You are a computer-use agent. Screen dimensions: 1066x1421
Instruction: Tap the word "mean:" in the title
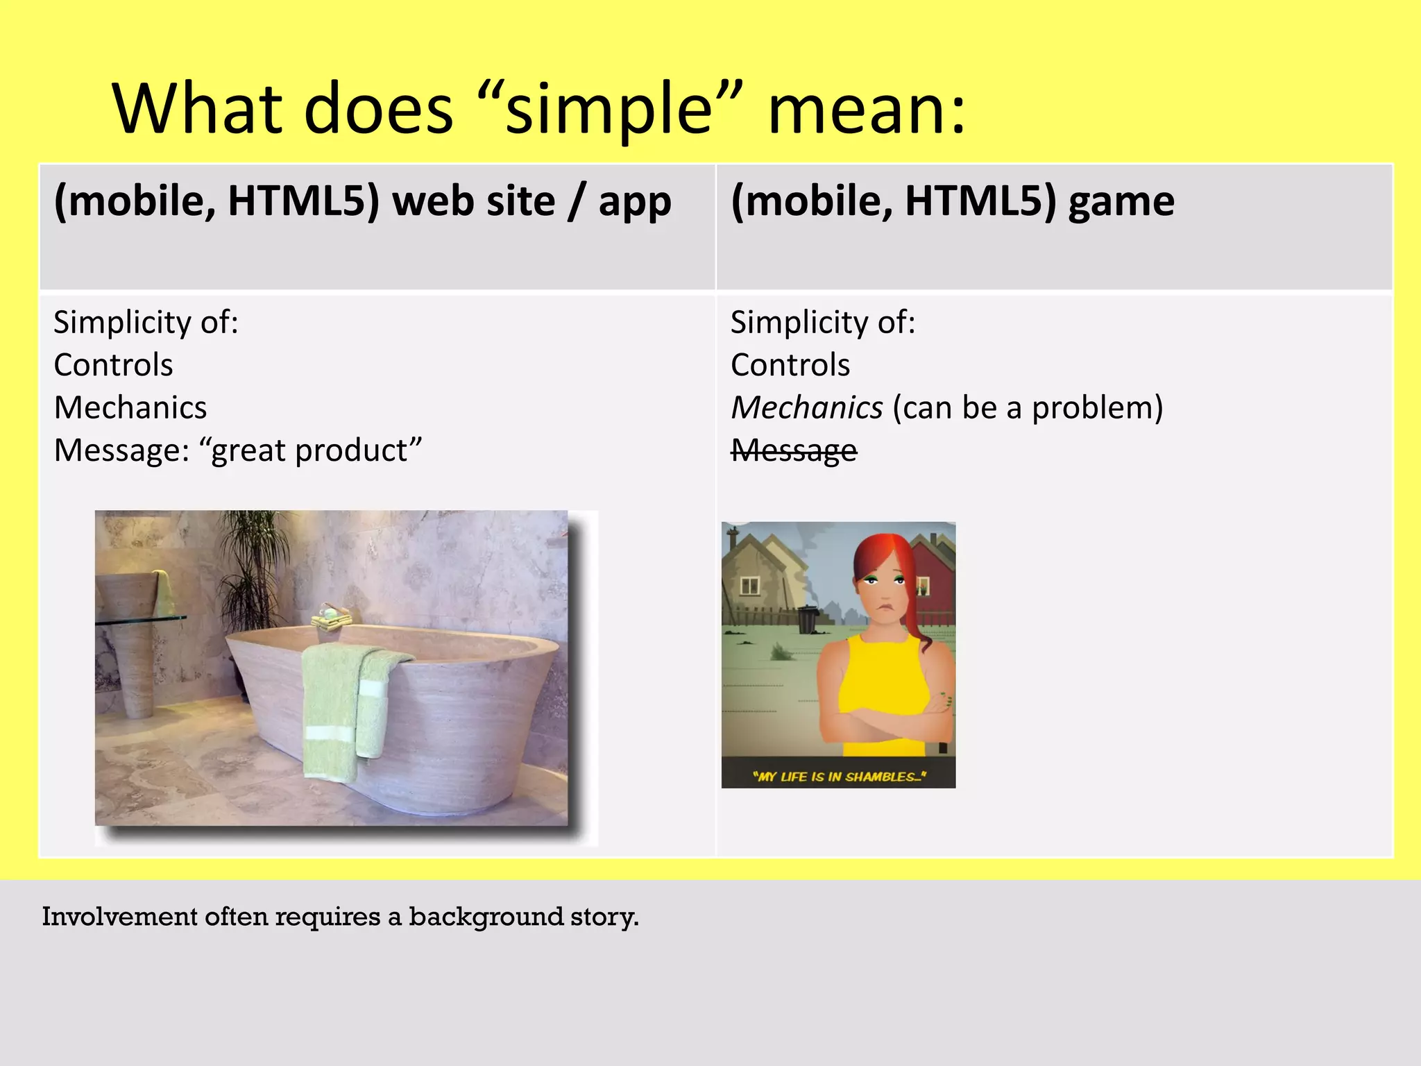coord(866,110)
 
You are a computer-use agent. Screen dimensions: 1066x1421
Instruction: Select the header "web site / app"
coord(531,202)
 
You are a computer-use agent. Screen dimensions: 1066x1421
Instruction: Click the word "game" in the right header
coord(1121,202)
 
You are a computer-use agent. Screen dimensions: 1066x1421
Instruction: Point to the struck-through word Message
coord(794,451)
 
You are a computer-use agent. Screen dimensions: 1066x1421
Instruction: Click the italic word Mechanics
coord(807,407)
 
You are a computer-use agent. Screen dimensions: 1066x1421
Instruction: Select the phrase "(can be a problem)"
coord(1028,407)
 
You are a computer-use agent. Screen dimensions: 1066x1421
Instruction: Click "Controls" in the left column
coord(113,365)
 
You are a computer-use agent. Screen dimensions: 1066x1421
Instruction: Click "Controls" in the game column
coord(790,365)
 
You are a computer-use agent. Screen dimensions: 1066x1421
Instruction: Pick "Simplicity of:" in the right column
coord(823,323)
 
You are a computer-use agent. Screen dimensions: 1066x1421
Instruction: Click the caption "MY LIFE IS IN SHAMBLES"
coord(839,777)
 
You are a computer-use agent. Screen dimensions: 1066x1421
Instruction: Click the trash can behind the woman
coord(806,618)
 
